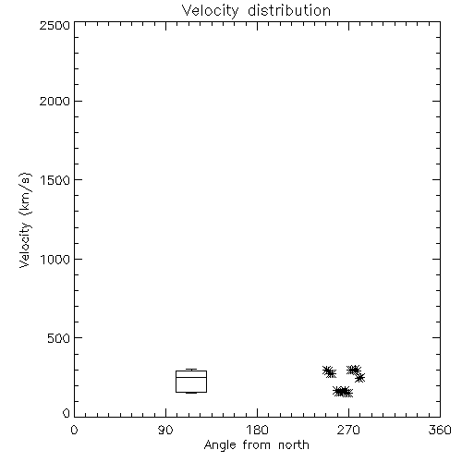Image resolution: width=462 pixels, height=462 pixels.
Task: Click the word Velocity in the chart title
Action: [x=210, y=11]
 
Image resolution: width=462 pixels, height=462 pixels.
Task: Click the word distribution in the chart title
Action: [x=289, y=10]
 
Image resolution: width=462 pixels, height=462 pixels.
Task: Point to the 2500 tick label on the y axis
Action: [x=55, y=25]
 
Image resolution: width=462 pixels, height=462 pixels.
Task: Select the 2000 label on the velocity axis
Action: [x=55, y=102]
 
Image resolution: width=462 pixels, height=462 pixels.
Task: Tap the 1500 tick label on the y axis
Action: [x=55, y=180]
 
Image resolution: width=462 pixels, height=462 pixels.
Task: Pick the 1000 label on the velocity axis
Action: [x=55, y=260]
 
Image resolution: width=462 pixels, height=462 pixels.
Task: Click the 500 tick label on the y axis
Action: [x=59, y=338]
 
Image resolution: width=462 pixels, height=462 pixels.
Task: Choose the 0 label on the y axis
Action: [x=67, y=413]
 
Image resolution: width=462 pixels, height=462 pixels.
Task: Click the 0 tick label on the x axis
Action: [x=74, y=430]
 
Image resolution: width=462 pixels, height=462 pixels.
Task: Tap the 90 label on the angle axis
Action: [x=165, y=430]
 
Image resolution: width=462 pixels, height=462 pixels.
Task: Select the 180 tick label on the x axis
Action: [x=257, y=430]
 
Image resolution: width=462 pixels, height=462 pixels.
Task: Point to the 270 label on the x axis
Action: [x=348, y=430]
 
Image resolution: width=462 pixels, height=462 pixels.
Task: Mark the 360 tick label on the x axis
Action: [x=440, y=430]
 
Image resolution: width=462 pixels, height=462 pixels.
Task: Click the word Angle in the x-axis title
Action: [x=220, y=445]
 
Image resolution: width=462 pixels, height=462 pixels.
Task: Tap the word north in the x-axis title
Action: [x=294, y=444]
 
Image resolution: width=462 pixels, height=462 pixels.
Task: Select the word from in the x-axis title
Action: [x=257, y=444]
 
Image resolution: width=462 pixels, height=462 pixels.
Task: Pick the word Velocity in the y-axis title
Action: [x=25, y=245]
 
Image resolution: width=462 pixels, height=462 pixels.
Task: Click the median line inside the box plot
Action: [x=191, y=377]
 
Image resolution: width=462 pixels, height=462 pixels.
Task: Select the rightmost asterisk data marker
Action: [x=359, y=377]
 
